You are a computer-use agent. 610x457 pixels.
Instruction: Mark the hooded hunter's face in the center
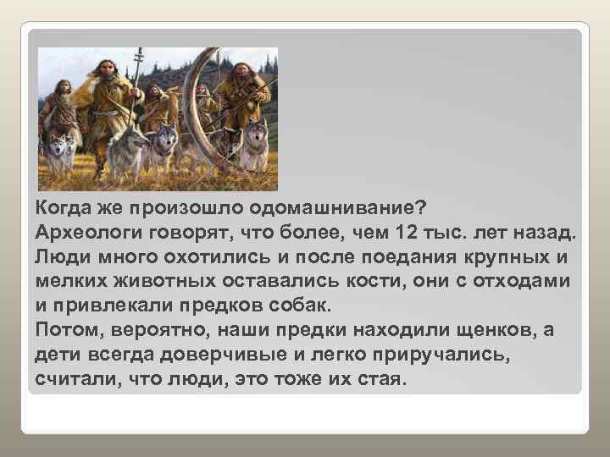click(x=155, y=91)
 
